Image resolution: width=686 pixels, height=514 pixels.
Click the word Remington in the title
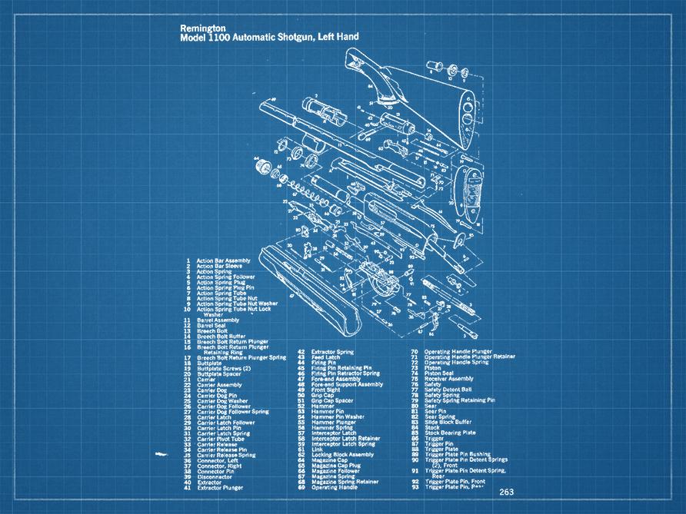198,28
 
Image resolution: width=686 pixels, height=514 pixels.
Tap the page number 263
507,492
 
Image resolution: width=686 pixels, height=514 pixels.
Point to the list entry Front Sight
326,390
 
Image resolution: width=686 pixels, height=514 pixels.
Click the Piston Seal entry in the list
443,373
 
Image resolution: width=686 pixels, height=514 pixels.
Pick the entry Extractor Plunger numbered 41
224,487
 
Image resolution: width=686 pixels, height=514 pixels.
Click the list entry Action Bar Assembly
223,260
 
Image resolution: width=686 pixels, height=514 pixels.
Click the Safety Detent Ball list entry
451,390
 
